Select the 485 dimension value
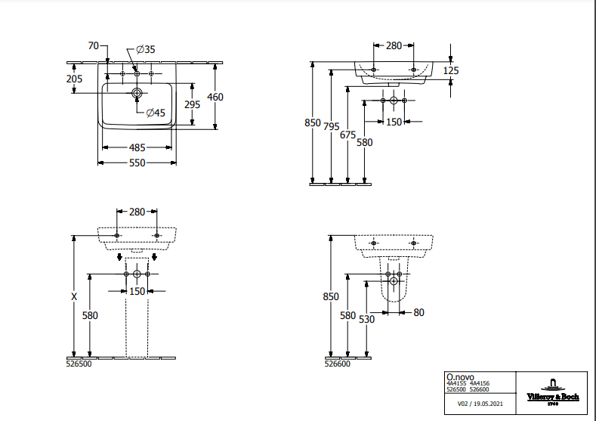pos(137,147)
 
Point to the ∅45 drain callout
pos(155,113)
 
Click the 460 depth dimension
pos(216,97)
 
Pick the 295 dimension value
pos(193,105)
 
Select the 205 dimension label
pos(74,79)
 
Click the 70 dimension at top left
pos(94,46)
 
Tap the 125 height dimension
pos(451,70)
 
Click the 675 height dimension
pos(347,135)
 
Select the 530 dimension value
pos(366,320)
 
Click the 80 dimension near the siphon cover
pos(419,312)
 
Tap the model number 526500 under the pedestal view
pos(80,364)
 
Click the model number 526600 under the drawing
pos(338,364)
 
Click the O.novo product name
pos(460,376)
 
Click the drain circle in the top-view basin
pos(137,93)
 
